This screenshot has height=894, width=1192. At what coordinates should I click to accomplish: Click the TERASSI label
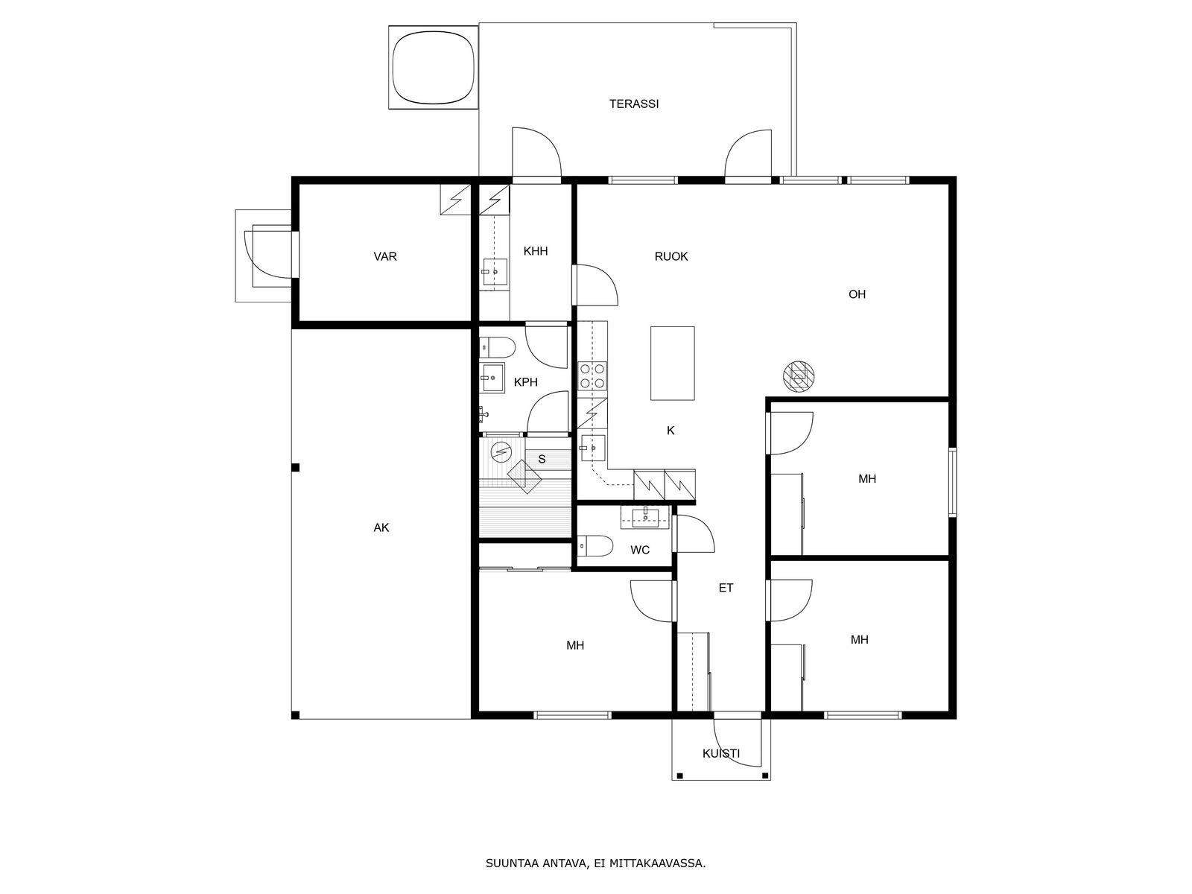pyautogui.click(x=634, y=104)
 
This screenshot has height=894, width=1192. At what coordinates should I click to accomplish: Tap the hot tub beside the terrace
pyautogui.click(x=434, y=67)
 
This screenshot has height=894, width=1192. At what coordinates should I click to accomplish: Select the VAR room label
pyautogui.click(x=385, y=256)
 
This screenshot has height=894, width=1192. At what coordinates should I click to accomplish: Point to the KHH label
pyautogui.click(x=536, y=251)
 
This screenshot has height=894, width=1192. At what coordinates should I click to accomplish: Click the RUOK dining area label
pyautogui.click(x=671, y=256)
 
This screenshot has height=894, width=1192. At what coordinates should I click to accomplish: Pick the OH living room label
pyautogui.click(x=857, y=294)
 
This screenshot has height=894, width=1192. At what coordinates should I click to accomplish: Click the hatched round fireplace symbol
pyautogui.click(x=799, y=377)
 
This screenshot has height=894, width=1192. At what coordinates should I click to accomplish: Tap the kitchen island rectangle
pyautogui.click(x=672, y=363)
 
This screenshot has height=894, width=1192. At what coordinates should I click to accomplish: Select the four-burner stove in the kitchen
pyautogui.click(x=592, y=375)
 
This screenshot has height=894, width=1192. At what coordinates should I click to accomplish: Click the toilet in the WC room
pyautogui.click(x=595, y=546)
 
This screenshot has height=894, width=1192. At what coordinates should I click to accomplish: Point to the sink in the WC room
pyautogui.click(x=644, y=517)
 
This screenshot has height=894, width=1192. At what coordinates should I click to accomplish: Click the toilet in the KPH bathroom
pyautogui.click(x=498, y=347)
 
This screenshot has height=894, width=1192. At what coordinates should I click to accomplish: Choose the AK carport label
pyautogui.click(x=381, y=527)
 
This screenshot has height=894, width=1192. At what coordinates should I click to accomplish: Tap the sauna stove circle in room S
pyautogui.click(x=501, y=451)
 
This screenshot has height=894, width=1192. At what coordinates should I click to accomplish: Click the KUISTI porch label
pyautogui.click(x=721, y=753)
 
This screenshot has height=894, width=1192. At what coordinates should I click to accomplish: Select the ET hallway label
pyautogui.click(x=726, y=588)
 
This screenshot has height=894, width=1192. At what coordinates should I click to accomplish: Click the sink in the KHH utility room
pyautogui.click(x=495, y=271)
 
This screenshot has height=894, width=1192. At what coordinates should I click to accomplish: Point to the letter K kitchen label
pyautogui.click(x=670, y=431)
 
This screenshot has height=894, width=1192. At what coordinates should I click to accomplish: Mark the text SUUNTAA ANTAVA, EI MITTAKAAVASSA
pyautogui.click(x=596, y=863)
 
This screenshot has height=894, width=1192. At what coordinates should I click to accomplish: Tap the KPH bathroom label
pyautogui.click(x=526, y=382)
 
